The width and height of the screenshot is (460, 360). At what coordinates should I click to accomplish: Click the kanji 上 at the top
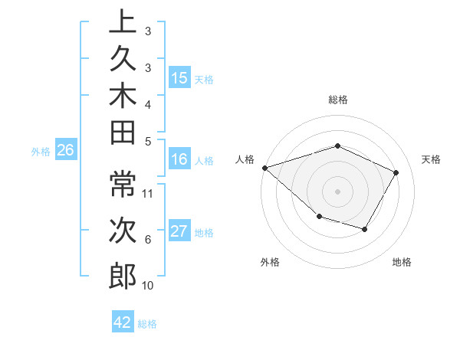[x=123, y=21]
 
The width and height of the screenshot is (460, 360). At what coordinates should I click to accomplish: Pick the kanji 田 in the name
[x=123, y=133]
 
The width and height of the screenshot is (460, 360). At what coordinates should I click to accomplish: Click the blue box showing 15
[x=179, y=78]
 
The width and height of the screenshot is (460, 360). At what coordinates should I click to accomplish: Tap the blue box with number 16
[x=179, y=160]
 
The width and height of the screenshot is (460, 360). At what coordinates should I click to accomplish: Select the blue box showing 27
[x=179, y=232]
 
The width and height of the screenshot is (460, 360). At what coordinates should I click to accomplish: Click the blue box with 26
[x=66, y=151]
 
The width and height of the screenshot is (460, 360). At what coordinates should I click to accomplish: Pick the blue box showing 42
[x=123, y=322]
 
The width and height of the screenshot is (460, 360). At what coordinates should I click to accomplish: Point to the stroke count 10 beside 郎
[x=149, y=286]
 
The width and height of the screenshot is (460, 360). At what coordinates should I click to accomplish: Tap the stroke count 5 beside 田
[x=148, y=141]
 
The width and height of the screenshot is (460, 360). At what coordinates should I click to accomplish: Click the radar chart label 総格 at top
[x=338, y=100]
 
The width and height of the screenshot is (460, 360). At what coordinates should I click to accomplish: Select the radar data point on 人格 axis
[x=264, y=167]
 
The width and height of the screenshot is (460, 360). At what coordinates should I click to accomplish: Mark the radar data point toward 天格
[x=396, y=172]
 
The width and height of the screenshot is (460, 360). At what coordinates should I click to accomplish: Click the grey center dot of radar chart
[x=338, y=191]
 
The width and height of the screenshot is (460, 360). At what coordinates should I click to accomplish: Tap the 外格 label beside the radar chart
[x=270, y=262]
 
